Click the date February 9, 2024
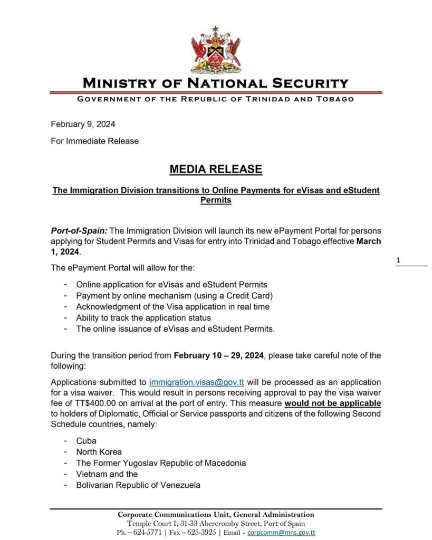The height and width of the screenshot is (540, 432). coord(83,124)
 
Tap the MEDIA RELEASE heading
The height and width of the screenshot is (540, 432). coord(215,169)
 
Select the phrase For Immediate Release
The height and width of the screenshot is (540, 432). coord(95,141)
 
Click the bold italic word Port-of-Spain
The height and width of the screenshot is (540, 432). coord(79,231)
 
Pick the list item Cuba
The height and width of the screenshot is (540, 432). coord(86,440)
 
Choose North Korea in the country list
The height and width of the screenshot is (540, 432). coord(99,451)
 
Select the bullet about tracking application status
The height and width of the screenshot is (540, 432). coord(143,317)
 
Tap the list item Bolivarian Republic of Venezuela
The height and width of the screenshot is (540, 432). coord(138,485)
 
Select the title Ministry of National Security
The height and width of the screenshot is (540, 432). coord(215,83)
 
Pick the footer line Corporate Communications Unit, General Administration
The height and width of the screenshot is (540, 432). coord(215,515)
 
